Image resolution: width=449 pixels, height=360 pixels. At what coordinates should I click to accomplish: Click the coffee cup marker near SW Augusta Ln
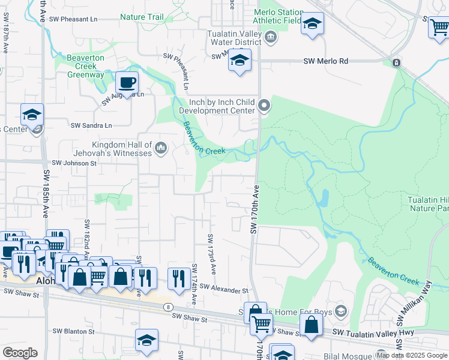(x=127, y=82)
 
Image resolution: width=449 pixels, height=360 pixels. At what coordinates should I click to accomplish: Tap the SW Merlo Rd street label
(x=326, y=61)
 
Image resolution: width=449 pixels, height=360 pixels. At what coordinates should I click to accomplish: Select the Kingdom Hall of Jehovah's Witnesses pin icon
(x=160, y=148)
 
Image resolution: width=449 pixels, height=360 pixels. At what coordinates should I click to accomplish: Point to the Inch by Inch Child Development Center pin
(x=264, y=107)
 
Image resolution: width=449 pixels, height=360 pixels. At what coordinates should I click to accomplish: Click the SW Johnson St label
(x=74, y=163)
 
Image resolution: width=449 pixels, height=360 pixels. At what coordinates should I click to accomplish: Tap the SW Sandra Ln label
(x=91, y=125)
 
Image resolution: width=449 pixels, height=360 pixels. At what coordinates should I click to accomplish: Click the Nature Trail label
(x=142, y=17)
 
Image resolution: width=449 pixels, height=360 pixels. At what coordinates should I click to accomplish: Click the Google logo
(x=19, y=353)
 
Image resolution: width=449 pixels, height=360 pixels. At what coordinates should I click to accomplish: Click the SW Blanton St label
(x=74, y=331)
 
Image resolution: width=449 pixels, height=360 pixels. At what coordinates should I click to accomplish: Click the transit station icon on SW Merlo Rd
(x=396, y=62)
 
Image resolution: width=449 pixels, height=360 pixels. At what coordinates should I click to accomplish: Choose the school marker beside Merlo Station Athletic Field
(x=312, y=25)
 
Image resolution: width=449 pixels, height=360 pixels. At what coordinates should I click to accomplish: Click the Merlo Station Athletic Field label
(x=277, y=16)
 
